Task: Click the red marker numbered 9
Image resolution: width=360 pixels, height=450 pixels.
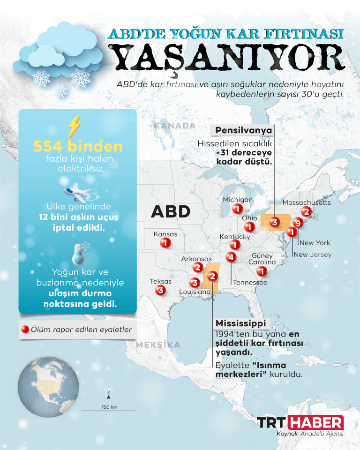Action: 296,223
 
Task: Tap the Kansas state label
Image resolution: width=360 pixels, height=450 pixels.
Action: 165,234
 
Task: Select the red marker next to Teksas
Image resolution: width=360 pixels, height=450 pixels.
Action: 160,291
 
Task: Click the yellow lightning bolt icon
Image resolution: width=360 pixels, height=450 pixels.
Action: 74,127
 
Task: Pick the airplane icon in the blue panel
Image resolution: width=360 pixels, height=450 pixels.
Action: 77,191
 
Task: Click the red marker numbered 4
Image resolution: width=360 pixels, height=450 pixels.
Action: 231,257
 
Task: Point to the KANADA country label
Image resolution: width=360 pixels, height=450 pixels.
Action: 175,126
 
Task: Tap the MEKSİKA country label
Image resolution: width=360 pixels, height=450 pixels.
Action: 158,345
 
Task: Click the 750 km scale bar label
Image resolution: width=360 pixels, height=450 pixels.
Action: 109,406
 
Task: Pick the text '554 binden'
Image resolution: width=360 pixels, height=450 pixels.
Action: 78,146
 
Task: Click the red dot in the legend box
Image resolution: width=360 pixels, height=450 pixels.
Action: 25,330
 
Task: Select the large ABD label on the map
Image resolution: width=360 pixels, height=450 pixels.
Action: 171,211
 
